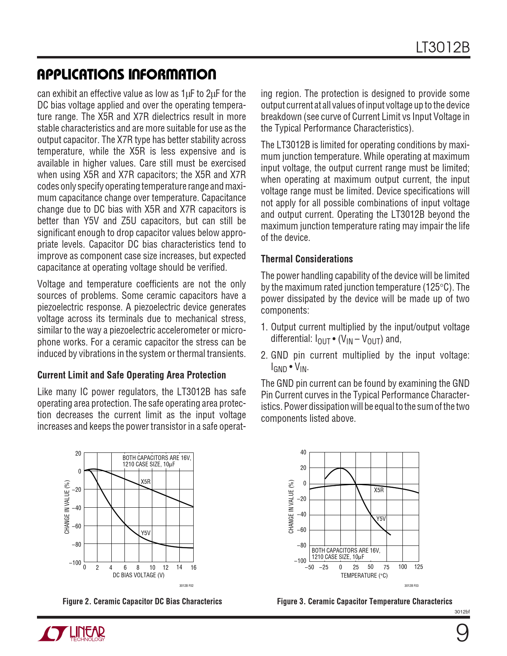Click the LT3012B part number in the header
pyautogui.click(x=443, y=48)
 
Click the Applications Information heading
pyautogui.click(x=126, y=74)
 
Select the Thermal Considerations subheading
pyautogui.click(x=307, y=259)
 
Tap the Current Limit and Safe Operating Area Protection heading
pyautogui.click(x=131, y=375)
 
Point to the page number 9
pyautogui.click(x=462, y=633)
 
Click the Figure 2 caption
pyautogui.click(x=142, y=602)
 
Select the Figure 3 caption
pyautogui.click(x=364, y=602)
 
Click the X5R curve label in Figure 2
pyautogui.click(x=146, y=482)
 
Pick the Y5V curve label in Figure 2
pyautogui.click(x=146, y=533)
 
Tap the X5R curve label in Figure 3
pyautogui.click(x=379, y=490)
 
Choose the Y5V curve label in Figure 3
pyautogui.click(x=381, y=519)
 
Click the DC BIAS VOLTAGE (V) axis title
pyautogui.click(x=138, y=575)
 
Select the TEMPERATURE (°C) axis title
pyautogui.click(x=364, y=576)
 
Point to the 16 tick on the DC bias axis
pyautogui.click(x=193, y=568)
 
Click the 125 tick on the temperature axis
pyautogui.click(x=418, y=567)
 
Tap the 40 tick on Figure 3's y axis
pyautogui.click(x=303, y=452)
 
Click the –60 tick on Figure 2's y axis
pyautogui.click(x=76, y=526)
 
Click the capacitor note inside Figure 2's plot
pyautogui.click(x=157, y=461)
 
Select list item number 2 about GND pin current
pyautogui.click(x=365, y=361)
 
